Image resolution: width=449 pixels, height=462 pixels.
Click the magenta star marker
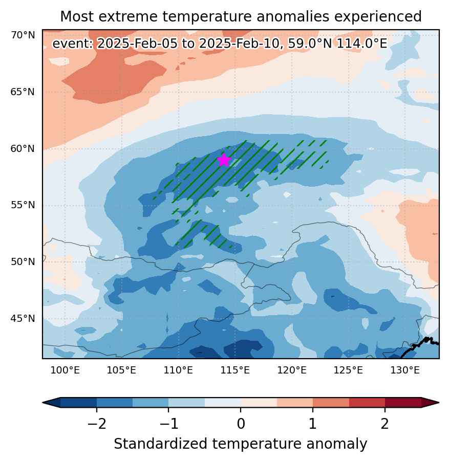(224, 160)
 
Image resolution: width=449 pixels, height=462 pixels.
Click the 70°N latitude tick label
(23, 35)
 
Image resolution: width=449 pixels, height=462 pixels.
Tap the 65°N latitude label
(23, 92)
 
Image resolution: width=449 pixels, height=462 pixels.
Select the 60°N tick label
(23, 148)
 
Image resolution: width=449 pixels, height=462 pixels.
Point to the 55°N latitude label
(23, 205)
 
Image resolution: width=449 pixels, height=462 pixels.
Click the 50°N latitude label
(23, 261)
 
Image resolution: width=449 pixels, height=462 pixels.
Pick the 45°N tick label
(23, 319)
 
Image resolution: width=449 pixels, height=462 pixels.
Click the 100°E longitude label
(65, 370)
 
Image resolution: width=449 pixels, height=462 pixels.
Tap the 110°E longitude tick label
(178, 370)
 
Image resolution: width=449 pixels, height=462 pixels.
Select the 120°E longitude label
(292, 370)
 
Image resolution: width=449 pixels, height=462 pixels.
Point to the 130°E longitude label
(405, 370)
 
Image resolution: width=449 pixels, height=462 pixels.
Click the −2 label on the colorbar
(97, 424)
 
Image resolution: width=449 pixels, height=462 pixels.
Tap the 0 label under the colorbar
(241, 424)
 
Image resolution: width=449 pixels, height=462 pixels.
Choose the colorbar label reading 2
(384, 424)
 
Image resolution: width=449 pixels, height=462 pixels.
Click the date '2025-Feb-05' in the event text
(137, 43)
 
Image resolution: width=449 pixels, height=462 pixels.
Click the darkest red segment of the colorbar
(403, 403)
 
